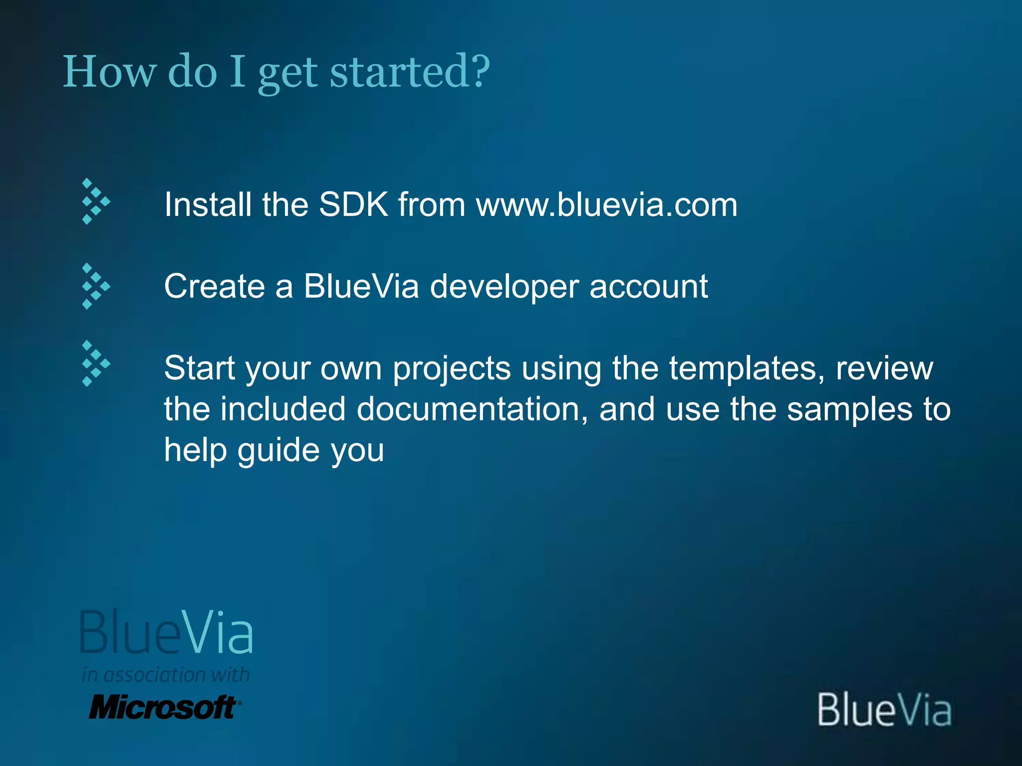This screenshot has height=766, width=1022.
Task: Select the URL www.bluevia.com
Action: click(606, 204)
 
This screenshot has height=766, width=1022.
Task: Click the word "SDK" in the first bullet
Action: click(353, 204)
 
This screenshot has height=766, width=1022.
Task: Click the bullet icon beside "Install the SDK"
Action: click(95, 201)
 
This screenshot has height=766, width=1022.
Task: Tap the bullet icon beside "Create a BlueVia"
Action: click(95, 286)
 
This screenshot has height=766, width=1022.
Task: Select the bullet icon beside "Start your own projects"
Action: click(95, 364)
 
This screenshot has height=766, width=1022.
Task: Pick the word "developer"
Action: click(504, 287)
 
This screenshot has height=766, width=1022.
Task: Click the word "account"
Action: click(648, 286)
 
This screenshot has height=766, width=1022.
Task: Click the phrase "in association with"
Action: click(166, 675)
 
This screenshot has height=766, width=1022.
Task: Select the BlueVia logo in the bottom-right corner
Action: click(884, 709)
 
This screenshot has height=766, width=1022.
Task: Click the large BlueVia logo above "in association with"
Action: click(166, 632)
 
